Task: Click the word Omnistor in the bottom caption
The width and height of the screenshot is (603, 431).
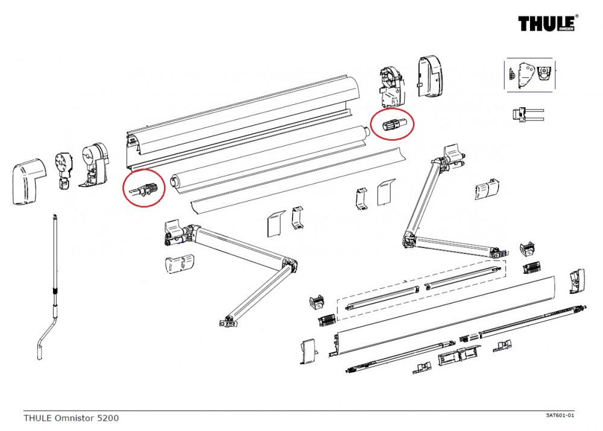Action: click(72, 418)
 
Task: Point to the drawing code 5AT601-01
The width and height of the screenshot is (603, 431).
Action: click(560, 415)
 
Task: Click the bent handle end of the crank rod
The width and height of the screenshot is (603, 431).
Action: click(42, 343)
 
